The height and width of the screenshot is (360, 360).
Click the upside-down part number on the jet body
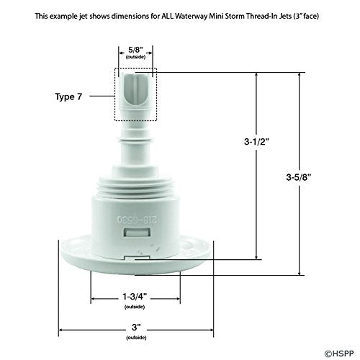[136, 215]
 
